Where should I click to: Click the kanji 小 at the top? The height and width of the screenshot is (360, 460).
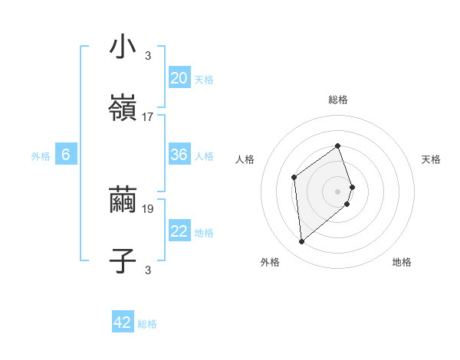pos(123,47)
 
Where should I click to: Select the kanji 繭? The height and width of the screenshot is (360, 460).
pos(123,201)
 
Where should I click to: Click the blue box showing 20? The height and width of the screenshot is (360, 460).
pos(179,77)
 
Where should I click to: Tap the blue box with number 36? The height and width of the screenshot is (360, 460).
pos(179,155)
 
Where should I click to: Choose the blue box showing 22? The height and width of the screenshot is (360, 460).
pos(179,231)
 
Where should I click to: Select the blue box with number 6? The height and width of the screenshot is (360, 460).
pos(66,155)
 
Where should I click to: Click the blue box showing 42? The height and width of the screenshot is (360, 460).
pos(123,322)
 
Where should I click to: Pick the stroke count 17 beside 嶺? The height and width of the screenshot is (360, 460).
pos(148,116)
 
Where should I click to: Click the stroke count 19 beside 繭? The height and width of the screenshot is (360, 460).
pos(148,208)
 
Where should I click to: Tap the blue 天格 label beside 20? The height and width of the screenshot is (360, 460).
pos(204,80)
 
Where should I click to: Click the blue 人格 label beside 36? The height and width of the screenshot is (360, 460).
pos(204,156)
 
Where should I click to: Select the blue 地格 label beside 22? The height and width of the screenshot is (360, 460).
pos(204,233)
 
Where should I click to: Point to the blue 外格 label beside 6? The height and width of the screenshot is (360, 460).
pos(41,156)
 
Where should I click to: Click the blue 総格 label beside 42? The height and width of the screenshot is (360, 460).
pos(147,324)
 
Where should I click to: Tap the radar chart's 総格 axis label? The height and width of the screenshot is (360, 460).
pos(338,100)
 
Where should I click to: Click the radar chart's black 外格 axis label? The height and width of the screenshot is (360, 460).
pos(270,262)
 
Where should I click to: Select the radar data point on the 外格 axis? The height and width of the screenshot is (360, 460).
pos(302,242)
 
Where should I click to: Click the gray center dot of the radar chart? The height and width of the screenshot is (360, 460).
pos(338,190)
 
